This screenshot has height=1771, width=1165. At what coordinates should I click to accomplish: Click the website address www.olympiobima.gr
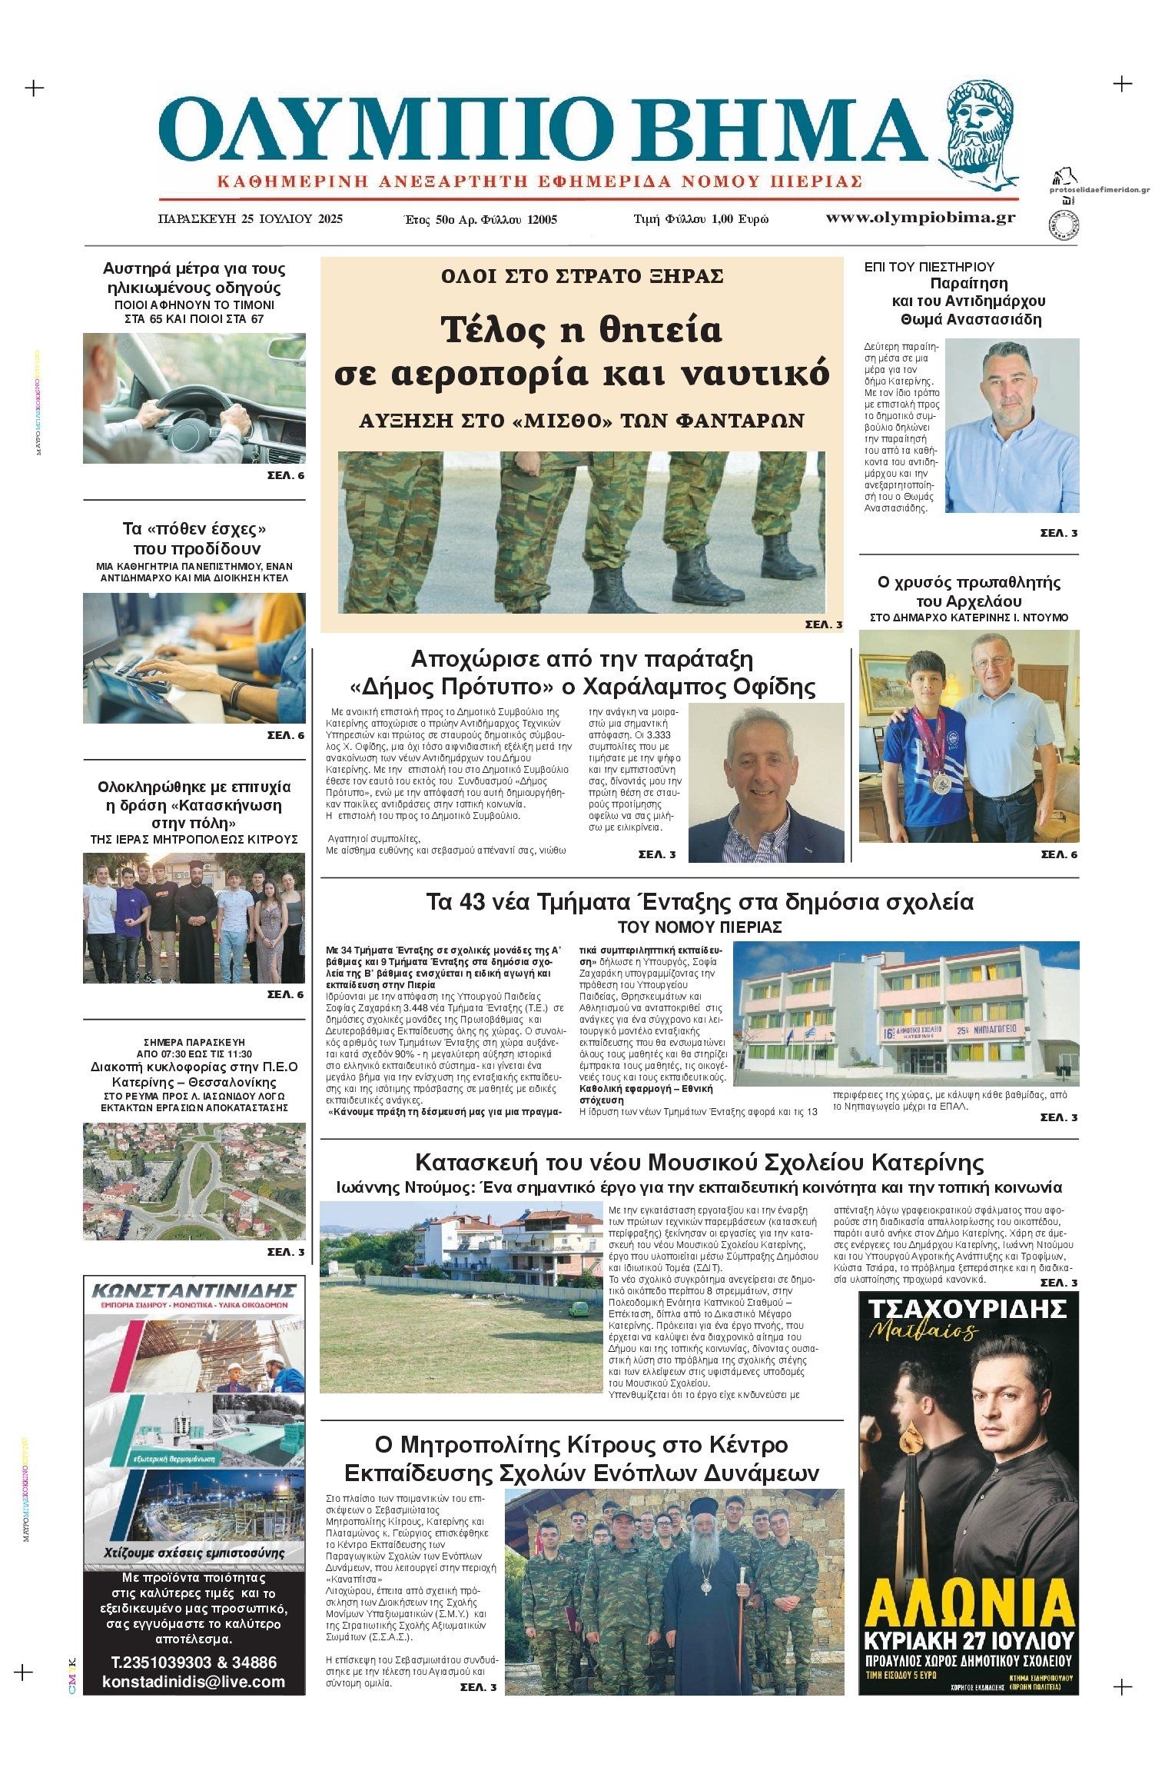(x=920, y=218)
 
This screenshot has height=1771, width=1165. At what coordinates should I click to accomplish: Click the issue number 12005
(x=542, y=219)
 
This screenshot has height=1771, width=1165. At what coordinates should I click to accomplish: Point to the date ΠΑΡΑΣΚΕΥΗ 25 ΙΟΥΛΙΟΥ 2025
(x=250, y=218)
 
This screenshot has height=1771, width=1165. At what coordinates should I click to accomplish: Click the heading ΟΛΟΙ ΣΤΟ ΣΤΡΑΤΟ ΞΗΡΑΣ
(x=582, y=276)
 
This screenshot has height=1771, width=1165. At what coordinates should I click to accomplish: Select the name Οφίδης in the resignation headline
(x=772, y=686)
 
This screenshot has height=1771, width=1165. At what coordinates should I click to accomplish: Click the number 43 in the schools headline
(x=476, y=901)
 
